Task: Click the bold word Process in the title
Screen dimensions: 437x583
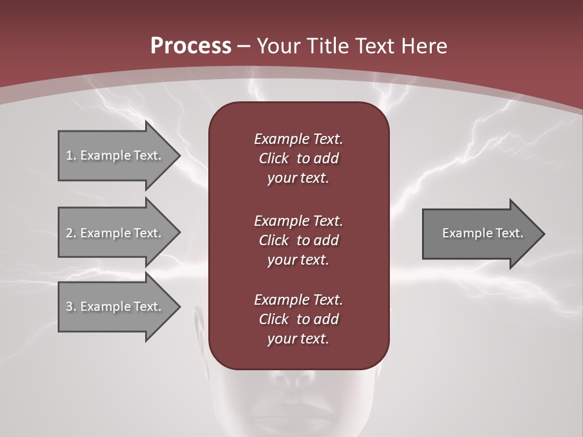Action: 191,46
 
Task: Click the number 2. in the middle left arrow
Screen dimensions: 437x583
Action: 71,233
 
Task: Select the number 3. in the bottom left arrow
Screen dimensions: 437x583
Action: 71,307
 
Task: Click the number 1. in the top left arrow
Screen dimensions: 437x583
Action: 71,155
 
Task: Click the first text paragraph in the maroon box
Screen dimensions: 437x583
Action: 298,158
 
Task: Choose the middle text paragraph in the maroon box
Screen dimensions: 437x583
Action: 298,240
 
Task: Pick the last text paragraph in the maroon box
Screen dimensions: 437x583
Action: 298,319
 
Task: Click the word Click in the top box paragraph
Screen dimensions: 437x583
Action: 274,158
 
